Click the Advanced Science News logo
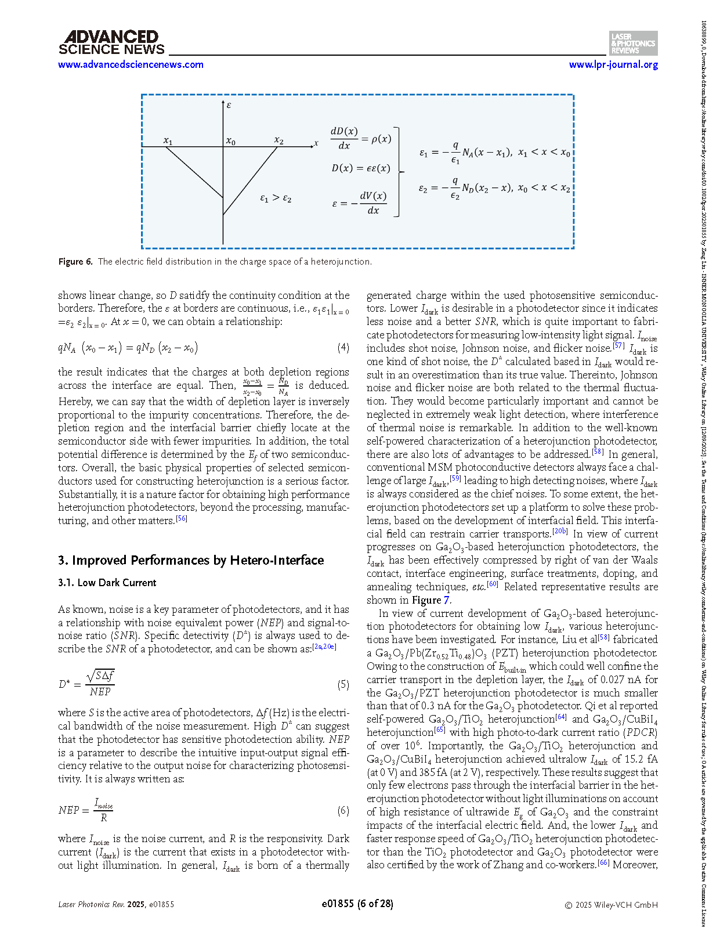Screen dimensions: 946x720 click(x=111, y=43)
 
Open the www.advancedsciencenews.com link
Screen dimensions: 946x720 click(x=131, y=65)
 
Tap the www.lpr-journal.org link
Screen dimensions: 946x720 click(x=613, y=65)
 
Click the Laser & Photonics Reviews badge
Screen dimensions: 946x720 click(x=633, y=44)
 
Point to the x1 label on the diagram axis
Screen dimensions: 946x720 click(x=168, y=141)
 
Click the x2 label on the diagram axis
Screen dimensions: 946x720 click(x=279, y=141)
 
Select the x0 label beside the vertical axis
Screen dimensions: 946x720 click(x=231, y=141)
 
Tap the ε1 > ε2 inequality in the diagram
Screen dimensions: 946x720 click(x=276, y=198)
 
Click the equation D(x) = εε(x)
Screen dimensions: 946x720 click(x=361, y=168)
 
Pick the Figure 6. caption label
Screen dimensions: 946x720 click(x=75, y=262)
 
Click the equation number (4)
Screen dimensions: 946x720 click(x=343, y=348)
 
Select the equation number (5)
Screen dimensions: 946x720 click(x=343, y=684)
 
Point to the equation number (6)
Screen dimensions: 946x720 click(x=343, y=810)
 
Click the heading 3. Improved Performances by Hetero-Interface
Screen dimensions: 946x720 click(x=191, y=560)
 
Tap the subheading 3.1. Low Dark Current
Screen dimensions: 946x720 click(x=107, y=583)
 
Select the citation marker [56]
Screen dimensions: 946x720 click(x=182, y=519)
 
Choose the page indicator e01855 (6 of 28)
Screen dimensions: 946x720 click(x=357, y=904)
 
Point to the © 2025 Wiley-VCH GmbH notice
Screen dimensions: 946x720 click(x=612, y=905)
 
